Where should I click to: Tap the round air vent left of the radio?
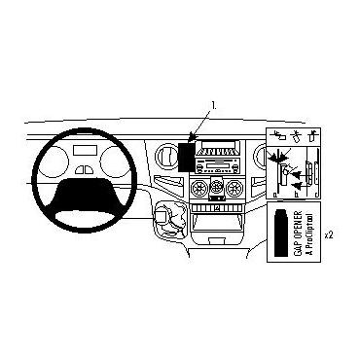tap(161, 156)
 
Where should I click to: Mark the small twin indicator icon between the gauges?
tap(88, 167)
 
